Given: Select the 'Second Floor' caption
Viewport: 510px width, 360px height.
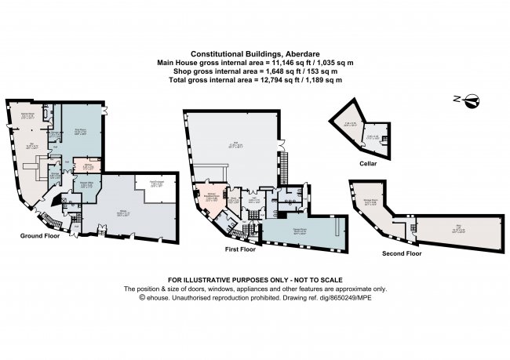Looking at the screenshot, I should [x=402, y=254].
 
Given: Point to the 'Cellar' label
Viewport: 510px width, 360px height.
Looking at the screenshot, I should [x=363, y=163].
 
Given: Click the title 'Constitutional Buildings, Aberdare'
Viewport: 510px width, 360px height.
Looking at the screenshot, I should [x=255, y=54].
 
